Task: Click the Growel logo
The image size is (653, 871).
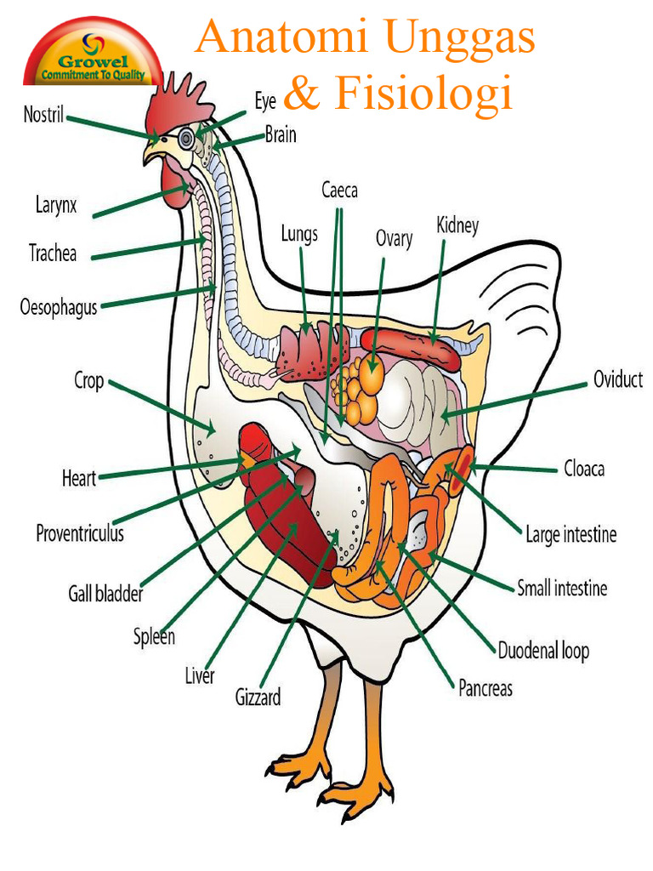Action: [94, 54]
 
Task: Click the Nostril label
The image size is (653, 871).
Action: [43, 115]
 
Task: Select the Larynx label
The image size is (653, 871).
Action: [56, 205]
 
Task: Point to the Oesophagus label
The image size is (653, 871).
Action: [59, 307]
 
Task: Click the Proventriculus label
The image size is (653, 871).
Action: [80, 533]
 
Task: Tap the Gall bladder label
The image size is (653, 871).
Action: [105, 594]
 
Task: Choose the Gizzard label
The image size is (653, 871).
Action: [258, 697]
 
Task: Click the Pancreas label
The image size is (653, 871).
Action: [485, 688]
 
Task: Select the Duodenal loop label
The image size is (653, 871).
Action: [543, 651]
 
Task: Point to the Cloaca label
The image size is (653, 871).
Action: [584, 469]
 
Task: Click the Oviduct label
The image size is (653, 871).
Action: [618, 379]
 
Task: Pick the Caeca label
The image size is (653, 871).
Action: [339, 191]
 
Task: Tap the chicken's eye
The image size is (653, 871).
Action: [186, 139]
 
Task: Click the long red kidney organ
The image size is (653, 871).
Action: [411, 348]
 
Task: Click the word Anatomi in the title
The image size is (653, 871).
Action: [281, 37]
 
